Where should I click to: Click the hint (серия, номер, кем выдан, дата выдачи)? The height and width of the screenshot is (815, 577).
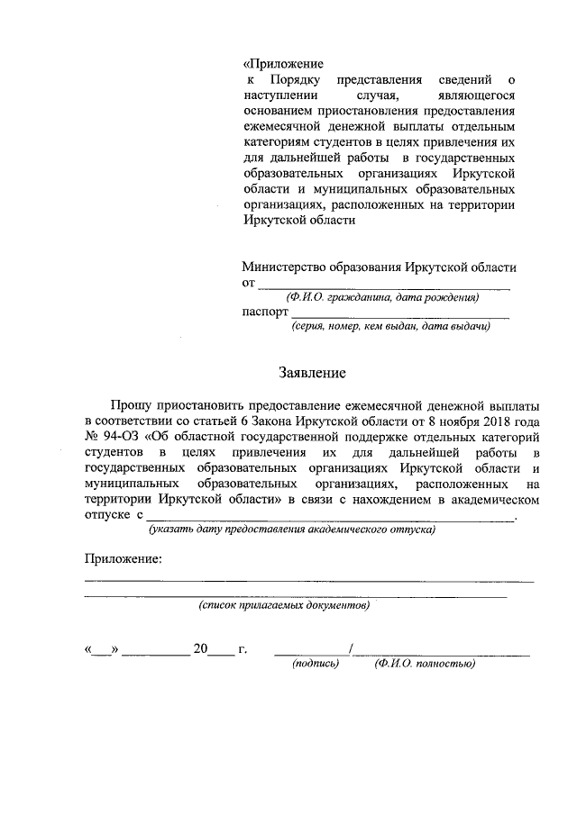(x=389, y=327)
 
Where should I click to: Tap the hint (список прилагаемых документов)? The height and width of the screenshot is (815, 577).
(x=284, y=605)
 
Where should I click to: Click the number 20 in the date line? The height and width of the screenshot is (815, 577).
(x=200, y=648)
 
